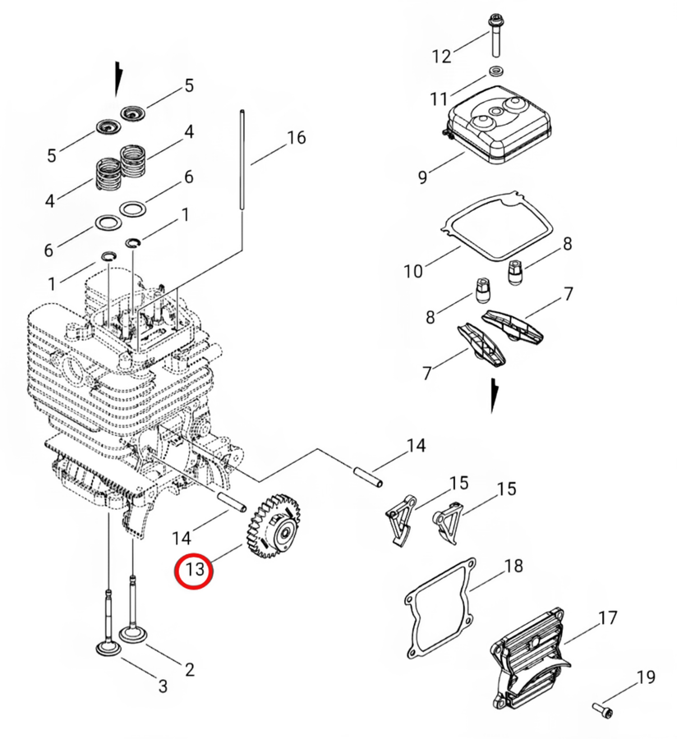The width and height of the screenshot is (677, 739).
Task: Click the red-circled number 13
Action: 195,569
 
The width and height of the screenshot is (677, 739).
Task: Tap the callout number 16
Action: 296,138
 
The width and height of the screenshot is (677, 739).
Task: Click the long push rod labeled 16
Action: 242,160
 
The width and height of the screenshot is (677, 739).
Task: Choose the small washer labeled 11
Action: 495,72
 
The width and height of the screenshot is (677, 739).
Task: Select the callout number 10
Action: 413,271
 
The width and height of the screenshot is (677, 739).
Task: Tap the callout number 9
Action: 422,177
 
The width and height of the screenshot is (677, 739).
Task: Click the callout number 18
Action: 514,565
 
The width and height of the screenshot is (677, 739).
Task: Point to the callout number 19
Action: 646,677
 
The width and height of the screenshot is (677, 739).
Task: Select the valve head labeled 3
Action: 108,649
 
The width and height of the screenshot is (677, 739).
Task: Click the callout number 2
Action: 190,669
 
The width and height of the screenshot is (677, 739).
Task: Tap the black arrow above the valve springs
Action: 117,77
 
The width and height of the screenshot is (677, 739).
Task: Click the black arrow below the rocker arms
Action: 494,395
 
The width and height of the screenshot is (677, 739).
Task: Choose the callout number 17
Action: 608,617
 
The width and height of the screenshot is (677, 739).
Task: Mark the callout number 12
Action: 442,57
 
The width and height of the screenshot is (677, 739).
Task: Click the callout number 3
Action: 163,686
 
